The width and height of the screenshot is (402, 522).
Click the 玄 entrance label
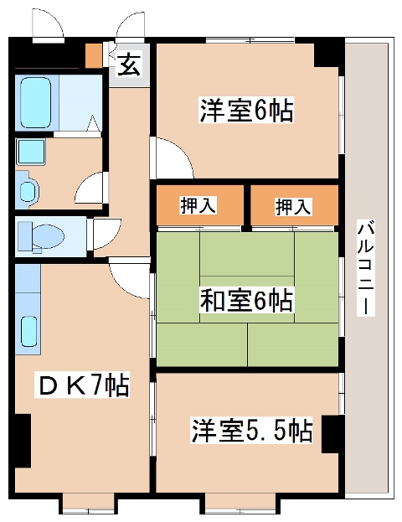(x=128, y=65)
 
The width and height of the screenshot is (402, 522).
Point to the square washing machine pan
(x=31, y=152)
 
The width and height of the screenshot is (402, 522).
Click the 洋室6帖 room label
(x=245, y=110)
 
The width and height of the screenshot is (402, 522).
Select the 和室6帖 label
(x=245, y=299)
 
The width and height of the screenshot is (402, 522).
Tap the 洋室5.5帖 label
(x=250, y=432)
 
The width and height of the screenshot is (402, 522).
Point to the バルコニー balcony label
(x=364, y=268)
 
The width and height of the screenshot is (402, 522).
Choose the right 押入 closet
(x=294, y=205)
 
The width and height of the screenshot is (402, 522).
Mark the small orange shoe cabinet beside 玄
(x=95, y=57)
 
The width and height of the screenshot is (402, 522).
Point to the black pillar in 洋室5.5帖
(x=332, y=433)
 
